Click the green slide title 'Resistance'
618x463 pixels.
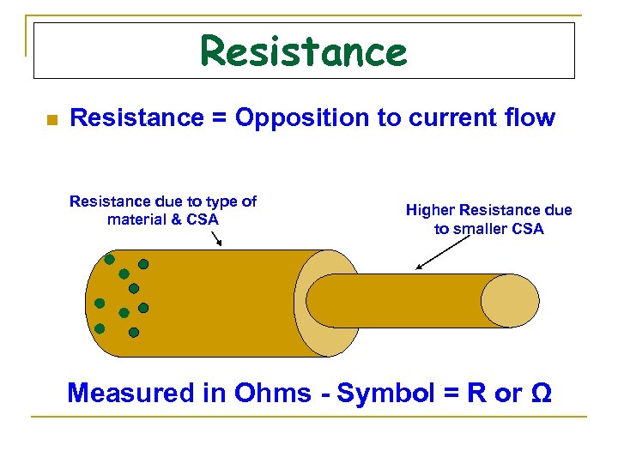click(x=303, y=51)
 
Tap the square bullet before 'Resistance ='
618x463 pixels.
click(x=51, y=120)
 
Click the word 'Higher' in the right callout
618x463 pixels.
click(x=430, y=210)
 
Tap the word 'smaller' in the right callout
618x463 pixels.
click(x=482, y=229)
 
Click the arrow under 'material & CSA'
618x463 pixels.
click(x=215, y=238)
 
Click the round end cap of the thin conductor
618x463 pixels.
click(x=510, y=301)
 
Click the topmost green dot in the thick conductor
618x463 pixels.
click(x=110, y=258)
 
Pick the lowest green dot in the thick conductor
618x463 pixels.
click(x=134, y=330)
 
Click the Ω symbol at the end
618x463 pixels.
click(x=542, y=393)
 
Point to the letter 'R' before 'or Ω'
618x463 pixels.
click(x=476, y=393)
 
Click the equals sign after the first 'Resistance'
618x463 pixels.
click(x=215, y=118)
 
